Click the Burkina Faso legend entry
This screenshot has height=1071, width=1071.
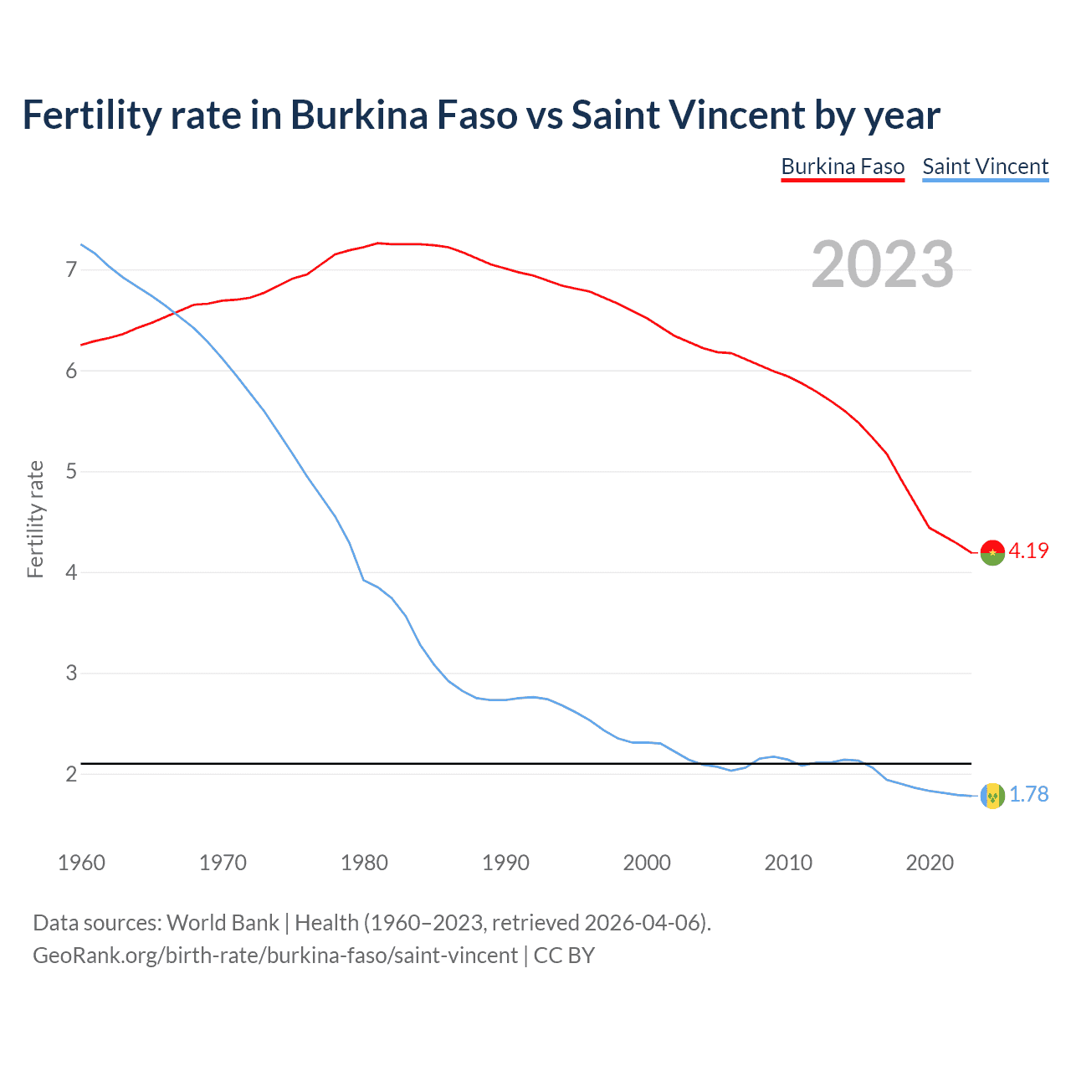tap(843, 167)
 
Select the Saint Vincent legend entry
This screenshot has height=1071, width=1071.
tap(985, 167)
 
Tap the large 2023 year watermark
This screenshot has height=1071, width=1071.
tap(882, 264)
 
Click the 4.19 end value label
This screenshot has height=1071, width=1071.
tap(1028, 551)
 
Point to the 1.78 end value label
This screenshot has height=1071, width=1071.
tap(1028, 794)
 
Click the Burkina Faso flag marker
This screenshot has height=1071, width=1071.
tap(992, 553)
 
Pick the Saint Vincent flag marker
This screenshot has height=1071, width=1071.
tap(992, 796)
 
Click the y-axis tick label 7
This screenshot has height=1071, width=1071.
tap(71, 269)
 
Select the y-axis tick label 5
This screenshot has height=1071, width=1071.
tap(71, 472)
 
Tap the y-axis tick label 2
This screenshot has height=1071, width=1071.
tap(71, 774)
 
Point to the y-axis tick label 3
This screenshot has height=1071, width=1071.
tap(71, 674)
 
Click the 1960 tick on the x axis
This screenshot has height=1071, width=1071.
tap(81, 863)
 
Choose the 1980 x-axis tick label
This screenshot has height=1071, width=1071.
tap(364, 863)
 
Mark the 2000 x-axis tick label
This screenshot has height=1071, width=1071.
tap(647, 863)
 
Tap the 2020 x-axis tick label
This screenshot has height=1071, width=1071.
tap(930, 863)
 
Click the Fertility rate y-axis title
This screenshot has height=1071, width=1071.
tap(35, 519)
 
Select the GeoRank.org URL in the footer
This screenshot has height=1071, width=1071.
tap(274, 956)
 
